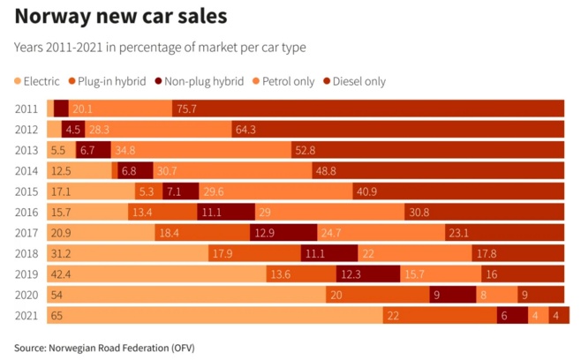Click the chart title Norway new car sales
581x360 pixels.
(120, 17)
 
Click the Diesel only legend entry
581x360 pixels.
(357, 81)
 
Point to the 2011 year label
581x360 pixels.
(26, 109)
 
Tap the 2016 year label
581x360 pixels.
(26, 212)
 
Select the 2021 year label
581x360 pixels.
(26, 315)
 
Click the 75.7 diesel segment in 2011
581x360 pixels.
(368, 109)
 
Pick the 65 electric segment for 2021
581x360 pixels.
(212, 315)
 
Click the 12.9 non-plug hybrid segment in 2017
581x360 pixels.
(285, 233)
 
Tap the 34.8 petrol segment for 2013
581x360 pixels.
(201, 150)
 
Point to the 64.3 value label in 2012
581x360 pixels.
(245, 130)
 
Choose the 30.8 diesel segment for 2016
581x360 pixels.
(484, 212)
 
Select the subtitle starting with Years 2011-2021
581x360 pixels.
(160, 47)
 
